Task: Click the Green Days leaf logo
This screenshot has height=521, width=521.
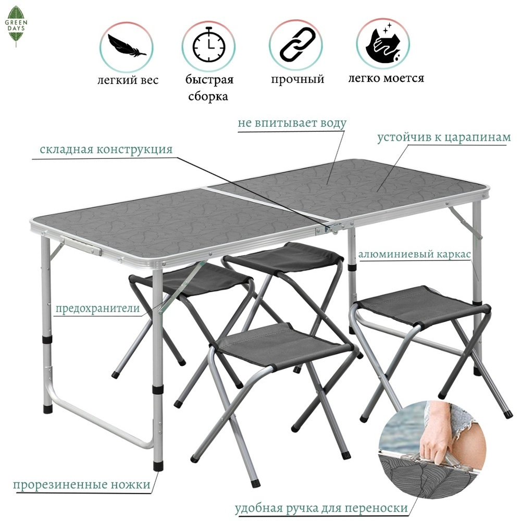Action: click(x=16, y=27)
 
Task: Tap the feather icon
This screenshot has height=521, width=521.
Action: click(x=127, y=46)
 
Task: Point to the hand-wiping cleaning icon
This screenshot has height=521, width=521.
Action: click(x=384, y=43)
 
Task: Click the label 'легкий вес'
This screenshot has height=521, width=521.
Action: click(x=128, y=80)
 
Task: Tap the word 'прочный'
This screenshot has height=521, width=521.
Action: click(x=297, y=79)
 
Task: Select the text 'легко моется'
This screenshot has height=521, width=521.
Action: click(x=386, y=78)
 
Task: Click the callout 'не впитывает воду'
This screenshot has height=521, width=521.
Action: click(x=292, y=123)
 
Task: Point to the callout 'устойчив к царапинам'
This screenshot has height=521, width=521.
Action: click(x=444, y=137)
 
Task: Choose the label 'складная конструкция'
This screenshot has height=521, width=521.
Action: click(x=106, y=149)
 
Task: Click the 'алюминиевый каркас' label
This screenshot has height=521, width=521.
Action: click(x=414, y=254)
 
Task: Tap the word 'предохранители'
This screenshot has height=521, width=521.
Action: click(x=98, y=308)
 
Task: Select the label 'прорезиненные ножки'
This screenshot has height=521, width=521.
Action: click(x=82, y=485)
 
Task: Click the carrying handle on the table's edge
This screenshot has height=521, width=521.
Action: click(x=81, y=245)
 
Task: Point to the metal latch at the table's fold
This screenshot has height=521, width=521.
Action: click(x=332, y=228)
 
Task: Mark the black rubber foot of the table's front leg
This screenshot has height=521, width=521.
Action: click(x=158, y=465)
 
